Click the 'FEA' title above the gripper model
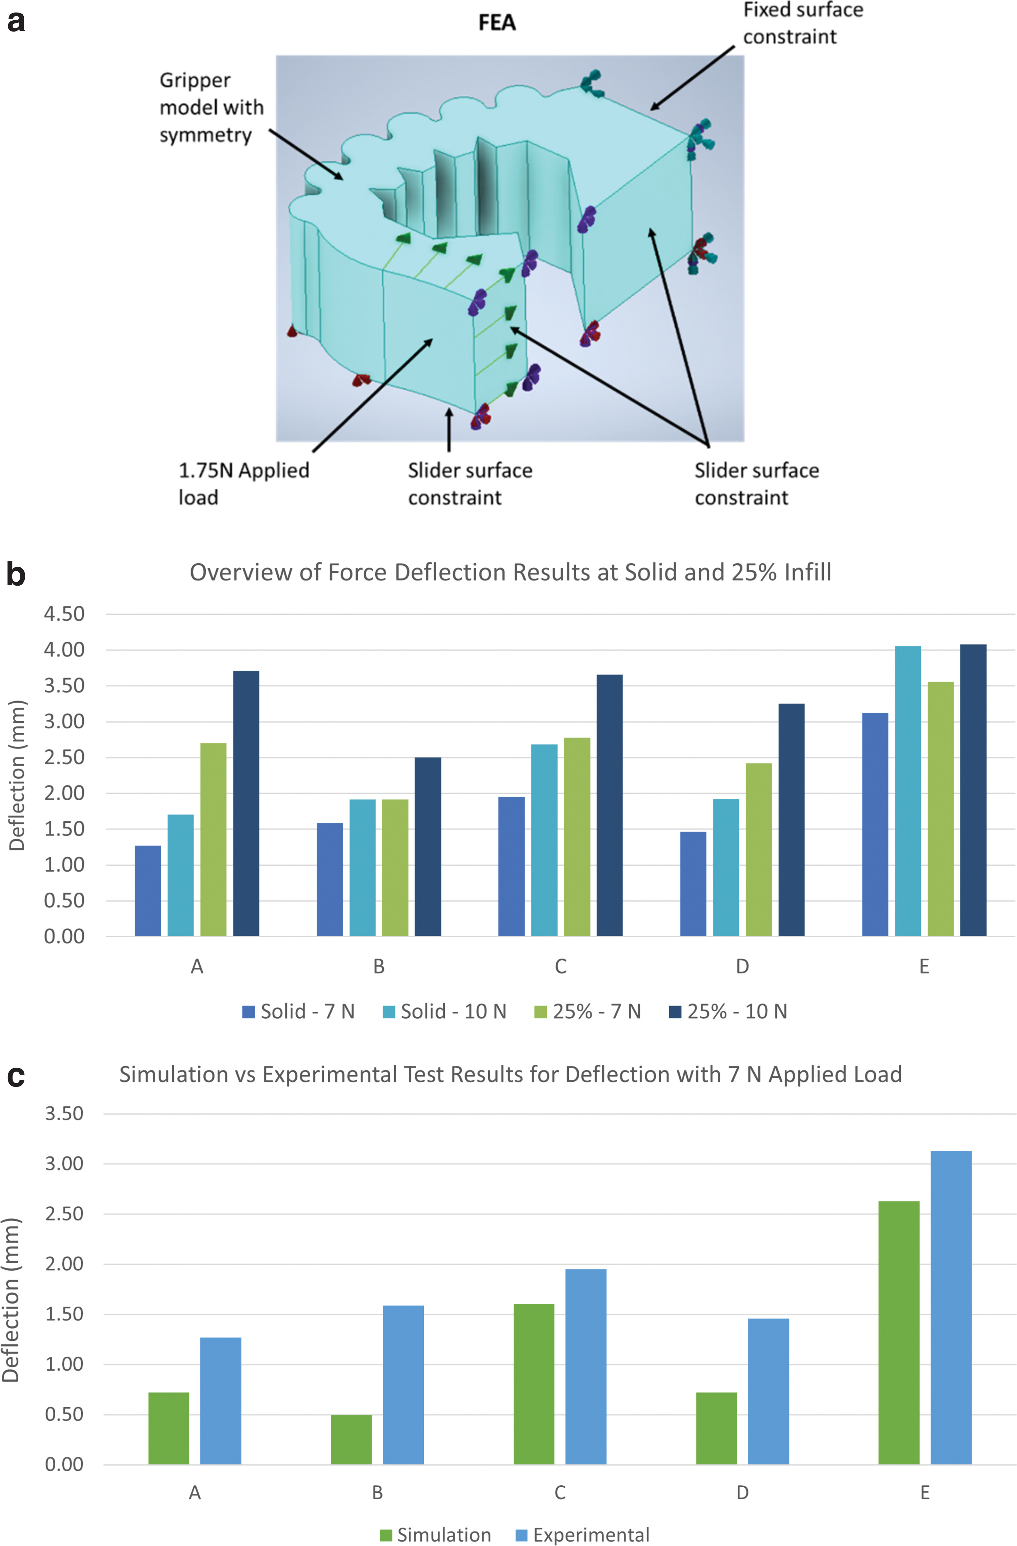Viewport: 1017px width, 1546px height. [497, 23]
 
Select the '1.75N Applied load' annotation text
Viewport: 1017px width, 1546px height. [243, 483]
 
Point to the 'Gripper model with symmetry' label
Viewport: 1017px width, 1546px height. [211, 107]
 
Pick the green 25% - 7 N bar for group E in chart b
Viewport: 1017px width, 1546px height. [940, 809]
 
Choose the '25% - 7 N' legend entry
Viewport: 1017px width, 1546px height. [588, 1012]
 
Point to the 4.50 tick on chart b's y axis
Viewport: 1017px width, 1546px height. [64, 614]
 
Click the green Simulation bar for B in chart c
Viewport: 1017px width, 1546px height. [351, 1440]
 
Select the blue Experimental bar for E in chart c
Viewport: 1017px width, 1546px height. [951, 1308]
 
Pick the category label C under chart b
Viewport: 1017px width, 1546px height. [560, 966]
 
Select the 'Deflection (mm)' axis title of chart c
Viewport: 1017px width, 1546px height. [11, 1299]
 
